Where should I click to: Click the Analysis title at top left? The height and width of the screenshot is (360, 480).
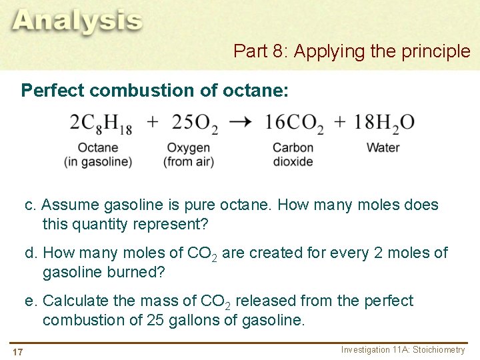tap(77, 21)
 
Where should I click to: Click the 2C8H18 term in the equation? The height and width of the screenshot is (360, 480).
tap(101, 123)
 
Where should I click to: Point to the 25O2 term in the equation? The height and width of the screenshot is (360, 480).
tap(195, 123)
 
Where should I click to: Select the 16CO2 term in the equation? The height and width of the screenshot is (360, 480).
tap(293, 123)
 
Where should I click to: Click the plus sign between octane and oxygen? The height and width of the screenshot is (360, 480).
tap(153, 122)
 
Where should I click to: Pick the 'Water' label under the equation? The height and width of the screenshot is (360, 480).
tap(383, 147)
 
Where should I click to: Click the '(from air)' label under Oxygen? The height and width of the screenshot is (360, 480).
tap(189, 161)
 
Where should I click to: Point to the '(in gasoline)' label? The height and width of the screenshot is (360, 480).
tap(98, 161)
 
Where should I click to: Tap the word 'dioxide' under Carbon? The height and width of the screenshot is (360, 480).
tap(293, 161)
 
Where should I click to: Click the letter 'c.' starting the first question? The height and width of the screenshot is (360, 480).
tap(31, 205)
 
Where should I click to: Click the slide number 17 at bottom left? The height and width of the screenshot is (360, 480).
tap(17, 351)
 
